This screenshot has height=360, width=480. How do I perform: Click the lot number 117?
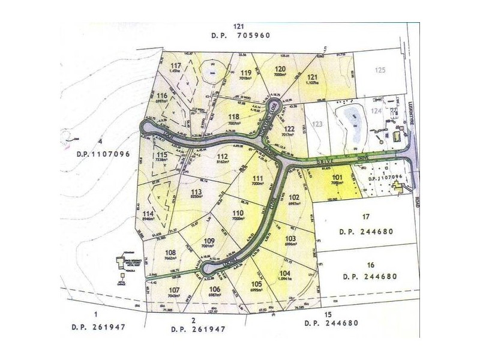tap(175, 66)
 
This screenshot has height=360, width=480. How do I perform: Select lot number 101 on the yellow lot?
tap(337, 178)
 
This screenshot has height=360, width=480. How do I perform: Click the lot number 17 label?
tap(366, 217)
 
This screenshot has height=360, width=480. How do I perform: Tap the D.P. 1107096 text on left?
tap(103, 153)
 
